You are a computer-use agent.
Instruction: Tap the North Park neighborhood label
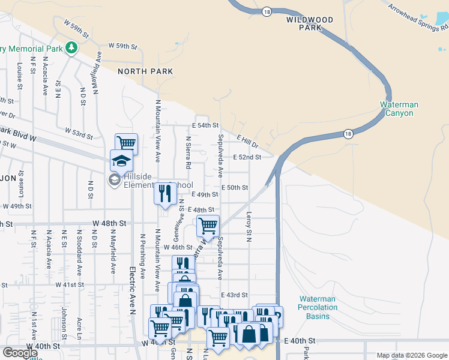pos(145,71)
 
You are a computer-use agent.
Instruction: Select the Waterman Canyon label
pos(399,109)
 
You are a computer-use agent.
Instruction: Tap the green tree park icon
pos(71,47)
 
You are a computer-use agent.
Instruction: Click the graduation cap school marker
pos(121,161)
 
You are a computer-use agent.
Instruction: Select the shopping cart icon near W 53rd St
pos(127,143)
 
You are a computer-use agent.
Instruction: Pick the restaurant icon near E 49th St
pos(164,193)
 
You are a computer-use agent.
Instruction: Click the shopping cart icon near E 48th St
pos(208,226)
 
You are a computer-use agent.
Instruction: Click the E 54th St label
pos(205,125)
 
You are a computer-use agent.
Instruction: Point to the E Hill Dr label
pos(247,142)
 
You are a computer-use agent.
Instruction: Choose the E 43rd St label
pos(234,295)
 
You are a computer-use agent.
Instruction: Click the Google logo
pos(20,353)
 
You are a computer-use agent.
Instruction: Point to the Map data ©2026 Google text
pos(411,355)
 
